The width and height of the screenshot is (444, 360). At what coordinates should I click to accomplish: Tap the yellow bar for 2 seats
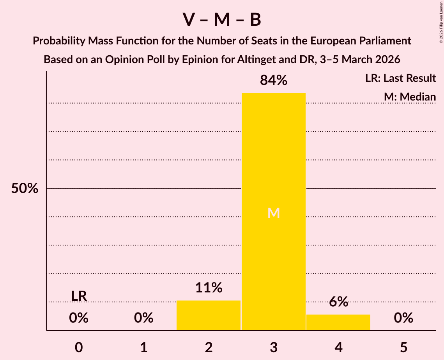(x=209, y=315)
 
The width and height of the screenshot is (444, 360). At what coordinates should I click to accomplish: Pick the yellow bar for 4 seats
(x=338, y=322)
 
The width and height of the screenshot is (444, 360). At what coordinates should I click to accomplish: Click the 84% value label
(x=273, y=81)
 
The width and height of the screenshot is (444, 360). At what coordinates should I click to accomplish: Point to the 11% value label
(x=209, y=288)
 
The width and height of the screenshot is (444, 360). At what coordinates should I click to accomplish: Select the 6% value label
(x=338, y=302)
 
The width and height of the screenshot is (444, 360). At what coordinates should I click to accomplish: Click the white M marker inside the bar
(x=273, y=213)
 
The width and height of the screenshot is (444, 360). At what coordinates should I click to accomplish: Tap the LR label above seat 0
(x=79, y=296)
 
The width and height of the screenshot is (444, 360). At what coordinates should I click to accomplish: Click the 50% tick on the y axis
(x=25, y=189)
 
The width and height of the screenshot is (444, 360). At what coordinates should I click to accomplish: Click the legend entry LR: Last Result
(x=400, y=78)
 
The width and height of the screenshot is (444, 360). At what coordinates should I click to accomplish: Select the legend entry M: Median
(x=409, y=97)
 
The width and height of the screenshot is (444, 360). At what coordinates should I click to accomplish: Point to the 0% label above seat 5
(x=403, y=318)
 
